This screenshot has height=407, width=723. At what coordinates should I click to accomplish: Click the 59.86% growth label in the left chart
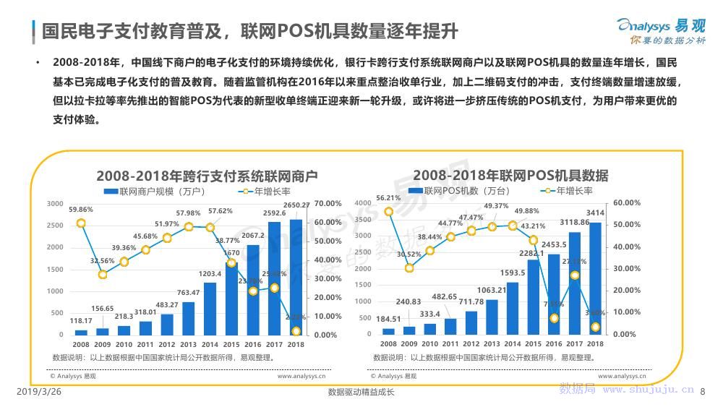point(81,210)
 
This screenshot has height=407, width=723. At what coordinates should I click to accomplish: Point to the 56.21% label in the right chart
point(388,198)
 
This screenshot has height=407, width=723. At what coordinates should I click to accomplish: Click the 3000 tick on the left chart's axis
point(55,204)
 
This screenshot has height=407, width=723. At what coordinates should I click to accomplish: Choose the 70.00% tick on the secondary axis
point(328,204)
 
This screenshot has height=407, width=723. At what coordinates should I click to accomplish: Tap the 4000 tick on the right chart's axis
point(365,203)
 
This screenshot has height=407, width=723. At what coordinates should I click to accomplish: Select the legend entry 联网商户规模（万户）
point(155,192)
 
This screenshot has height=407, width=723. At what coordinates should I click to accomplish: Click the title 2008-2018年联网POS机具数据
point(510,175)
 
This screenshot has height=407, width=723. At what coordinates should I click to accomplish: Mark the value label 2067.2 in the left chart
point(252,236)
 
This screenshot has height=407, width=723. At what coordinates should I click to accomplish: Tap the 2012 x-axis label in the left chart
point(167,345)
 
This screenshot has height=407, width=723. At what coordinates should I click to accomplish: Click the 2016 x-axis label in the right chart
point(554,344)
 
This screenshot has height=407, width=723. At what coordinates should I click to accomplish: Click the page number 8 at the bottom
point(703,391)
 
